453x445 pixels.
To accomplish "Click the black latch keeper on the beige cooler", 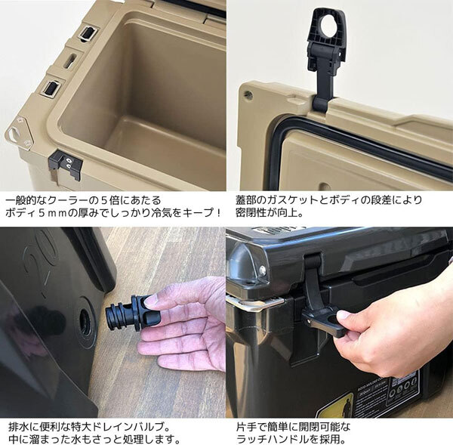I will [64, 163].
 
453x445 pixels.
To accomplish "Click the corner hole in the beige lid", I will [248, 96].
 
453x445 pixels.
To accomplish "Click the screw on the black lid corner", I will [262, 270].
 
